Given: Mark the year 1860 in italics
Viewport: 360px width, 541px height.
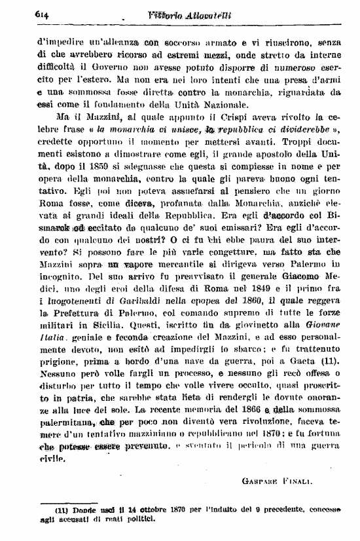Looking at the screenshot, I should point(234,301).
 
